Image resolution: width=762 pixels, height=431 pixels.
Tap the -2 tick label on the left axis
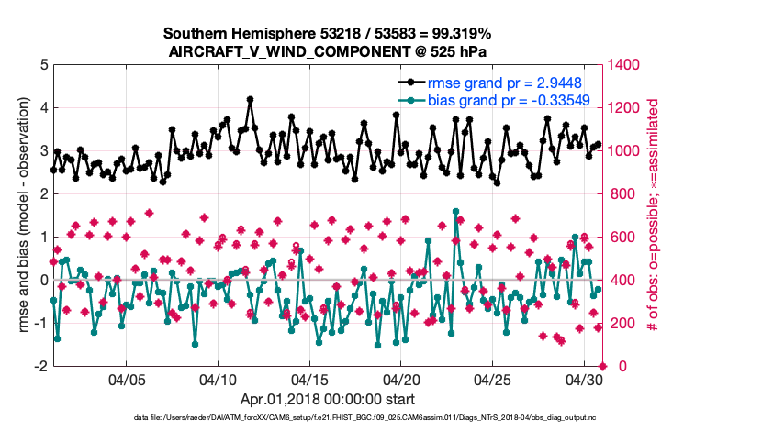tap(41, 366)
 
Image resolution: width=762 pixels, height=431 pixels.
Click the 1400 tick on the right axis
tap(628, 65)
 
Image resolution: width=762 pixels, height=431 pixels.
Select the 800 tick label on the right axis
tap(624, 194)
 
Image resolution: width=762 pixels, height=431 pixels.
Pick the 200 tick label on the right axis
tap(624, 323)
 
